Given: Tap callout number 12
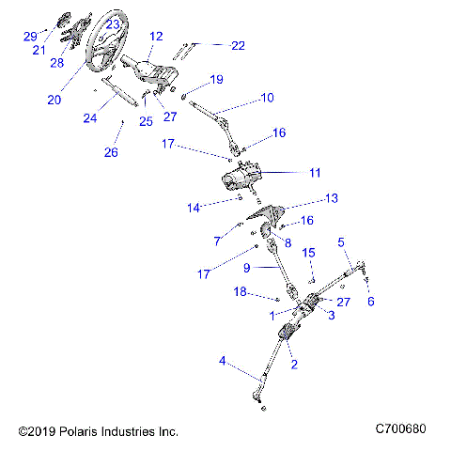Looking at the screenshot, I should tap(156, 37).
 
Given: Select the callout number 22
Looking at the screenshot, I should tap(238, 45).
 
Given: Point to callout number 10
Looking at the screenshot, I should tap(267, 97).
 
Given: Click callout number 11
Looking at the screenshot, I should tap(314, 173).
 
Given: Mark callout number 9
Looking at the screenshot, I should tap(246, 268).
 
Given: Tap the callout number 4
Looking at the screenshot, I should tap(222, 361).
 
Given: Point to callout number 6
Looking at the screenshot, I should tap(370, 302).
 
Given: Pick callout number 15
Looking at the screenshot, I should tap(307, 253).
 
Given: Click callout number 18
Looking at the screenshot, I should tap(240, 293).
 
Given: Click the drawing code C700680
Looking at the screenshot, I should tap(400, 429).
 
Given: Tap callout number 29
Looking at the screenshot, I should tap(29, 37).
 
